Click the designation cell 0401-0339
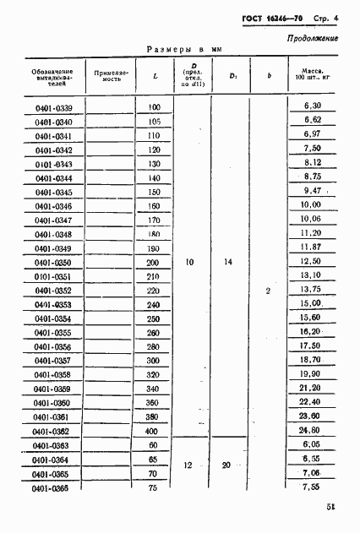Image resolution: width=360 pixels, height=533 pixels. click(54, 107)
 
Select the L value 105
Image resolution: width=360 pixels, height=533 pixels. click(154, 122)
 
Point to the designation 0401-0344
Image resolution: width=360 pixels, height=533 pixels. click(54, 178)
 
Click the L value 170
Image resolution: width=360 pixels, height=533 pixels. click(154, 220)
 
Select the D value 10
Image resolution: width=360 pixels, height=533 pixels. click(189, 264)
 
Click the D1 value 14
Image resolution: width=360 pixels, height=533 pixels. click(227, 264)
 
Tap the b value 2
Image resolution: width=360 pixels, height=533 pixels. click(268, 291)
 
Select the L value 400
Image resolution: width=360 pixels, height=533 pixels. click(153, 431)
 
